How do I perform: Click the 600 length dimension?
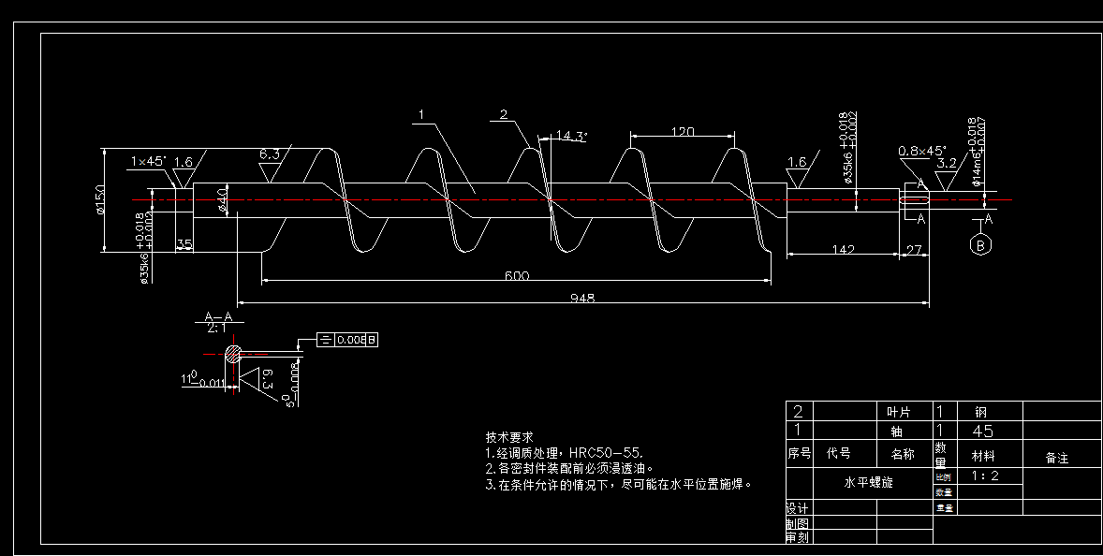[x=517, y=275]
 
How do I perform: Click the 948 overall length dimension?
[x=582, y=298]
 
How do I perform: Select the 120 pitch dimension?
[x=683, y=132]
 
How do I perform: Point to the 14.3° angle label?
[x=571, y=136]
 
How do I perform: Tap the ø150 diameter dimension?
[x=99, y=198]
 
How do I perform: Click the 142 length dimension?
[x=843, y=249]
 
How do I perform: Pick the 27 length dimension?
[x=915, y=249]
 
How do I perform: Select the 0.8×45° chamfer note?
[x=922, y=151]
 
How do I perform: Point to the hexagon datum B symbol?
[x=981, y=245]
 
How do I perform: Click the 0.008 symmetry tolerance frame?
[x=348, y=340]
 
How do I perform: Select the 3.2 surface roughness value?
[x=947, y=163]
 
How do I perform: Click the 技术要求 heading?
[x=509, y=437]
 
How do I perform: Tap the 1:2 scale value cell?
[x=985, y=476]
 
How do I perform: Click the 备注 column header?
[x=1056, y=458]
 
